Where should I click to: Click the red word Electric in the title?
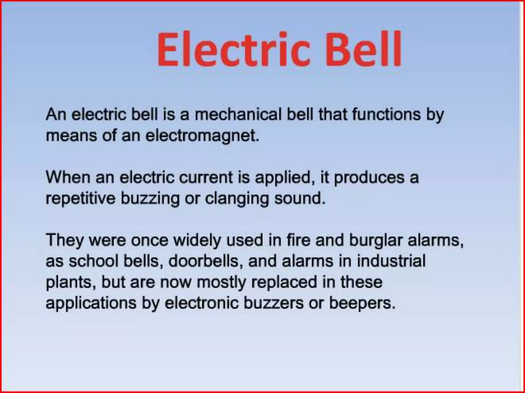click(233, 49)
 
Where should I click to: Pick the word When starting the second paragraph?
click(68, 177)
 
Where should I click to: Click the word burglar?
click(376, 241)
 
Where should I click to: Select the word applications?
click(91, 303)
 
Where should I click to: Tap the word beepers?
click(362, 303)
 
